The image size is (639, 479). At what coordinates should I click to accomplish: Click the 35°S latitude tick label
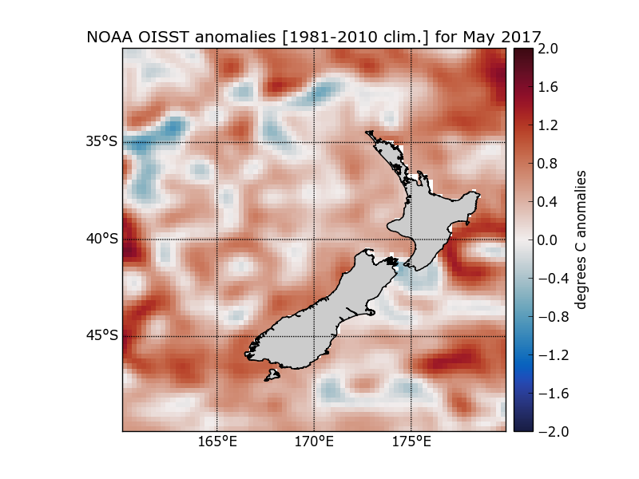point(101,142)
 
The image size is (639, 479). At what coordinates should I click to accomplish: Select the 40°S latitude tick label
point(101,239)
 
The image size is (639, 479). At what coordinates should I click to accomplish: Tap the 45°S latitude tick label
point(101,336)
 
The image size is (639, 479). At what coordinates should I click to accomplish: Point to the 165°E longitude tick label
point(217,441)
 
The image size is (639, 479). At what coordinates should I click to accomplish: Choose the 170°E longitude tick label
point(314,441)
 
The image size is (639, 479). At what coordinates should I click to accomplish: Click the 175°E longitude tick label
point(411,441)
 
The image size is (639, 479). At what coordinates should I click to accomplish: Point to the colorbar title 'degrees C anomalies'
point(582,239)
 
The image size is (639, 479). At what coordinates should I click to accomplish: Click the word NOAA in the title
point(108,37)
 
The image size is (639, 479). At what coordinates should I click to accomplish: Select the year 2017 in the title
point(520,37)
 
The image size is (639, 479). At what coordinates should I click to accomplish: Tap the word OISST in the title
point(157,37)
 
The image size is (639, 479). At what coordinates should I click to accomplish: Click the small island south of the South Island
point(273,374)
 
